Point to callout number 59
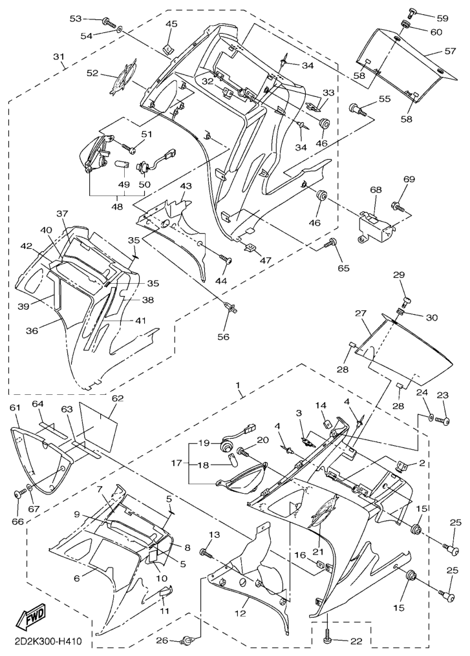click(x=442, y=18)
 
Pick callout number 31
click(x=58, y=56)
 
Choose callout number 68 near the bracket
click(x=376, y=191)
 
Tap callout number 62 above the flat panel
click(x=116, y=399)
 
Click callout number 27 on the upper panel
click(x=361, y=313)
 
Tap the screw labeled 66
click(x=18, y=494)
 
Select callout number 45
click(x=171, y=25)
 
